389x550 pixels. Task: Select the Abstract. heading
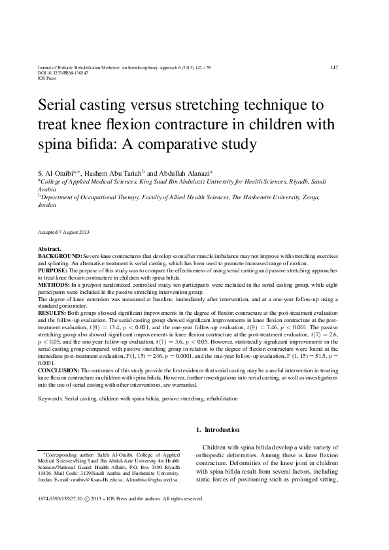[50, 250]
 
